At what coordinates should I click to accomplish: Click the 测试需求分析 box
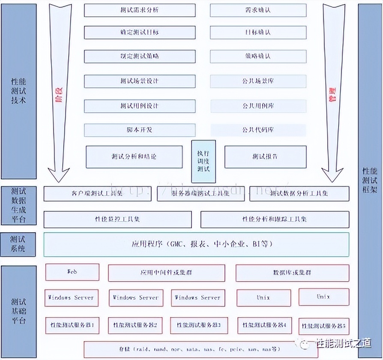(140, 10)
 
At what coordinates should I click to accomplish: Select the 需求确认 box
(258, 10)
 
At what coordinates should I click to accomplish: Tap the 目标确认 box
(258, 32)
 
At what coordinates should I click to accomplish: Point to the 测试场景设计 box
(140, 81)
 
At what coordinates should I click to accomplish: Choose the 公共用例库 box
(258, 106)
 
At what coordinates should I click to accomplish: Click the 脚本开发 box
(140, 130)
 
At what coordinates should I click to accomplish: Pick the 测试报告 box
(265, 157)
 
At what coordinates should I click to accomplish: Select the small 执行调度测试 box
(203, 161)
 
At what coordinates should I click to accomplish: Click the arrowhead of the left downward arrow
(59, 174)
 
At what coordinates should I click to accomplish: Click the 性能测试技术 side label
(18, 90)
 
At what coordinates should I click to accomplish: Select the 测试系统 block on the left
(18, 244)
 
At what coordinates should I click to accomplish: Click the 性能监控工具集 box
(117, 219)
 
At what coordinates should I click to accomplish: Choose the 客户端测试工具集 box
(97, 194)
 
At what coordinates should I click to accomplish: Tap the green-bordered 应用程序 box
(196, 244)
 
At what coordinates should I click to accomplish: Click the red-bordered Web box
(72, 272)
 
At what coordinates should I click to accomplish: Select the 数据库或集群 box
(292, 273)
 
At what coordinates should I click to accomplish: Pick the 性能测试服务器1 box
(72, 325)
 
